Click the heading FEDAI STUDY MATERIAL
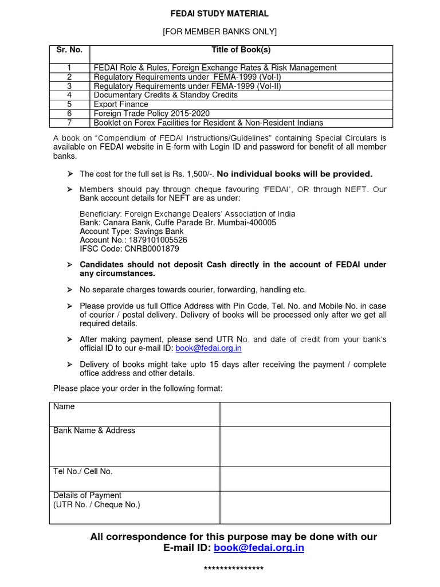pyautogui.click(x=219, y=13)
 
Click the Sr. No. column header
pyautogui.click(x=69, y=50)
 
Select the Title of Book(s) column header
pyautogui.click(x=241, y=50)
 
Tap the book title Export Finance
pyautogui.click(x=121, y=104)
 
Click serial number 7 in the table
pyautogui.click(x=69, y=123)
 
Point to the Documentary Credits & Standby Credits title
pyautogui.click(x=166, y=95)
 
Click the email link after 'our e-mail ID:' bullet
pyautogui.click(x=208, y=348)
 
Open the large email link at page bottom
pyautogui.click(x=259, y=548)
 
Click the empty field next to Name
pyautogui.click(x=305, y=413)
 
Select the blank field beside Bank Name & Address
pyautogui.click(x=305, y=446)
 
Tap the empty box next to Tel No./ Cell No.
pyautogui.click(x=305, y=479)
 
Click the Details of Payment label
pyautogui.click(x=87, y=495)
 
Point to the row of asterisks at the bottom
pyautogui.click(x=234, y=569)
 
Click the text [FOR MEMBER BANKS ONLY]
pyautogui.click(x=219, y=32)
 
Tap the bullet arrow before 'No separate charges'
pyautogui.click(x=69, y=290)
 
